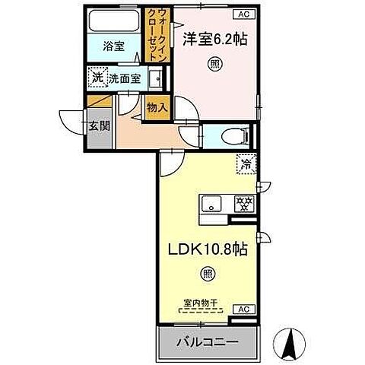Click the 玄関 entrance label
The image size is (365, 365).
tap(100, 125)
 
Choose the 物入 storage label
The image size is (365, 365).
tap(157, 108)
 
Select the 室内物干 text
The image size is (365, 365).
tap(201, 303)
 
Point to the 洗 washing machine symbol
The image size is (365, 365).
tap(97, 77)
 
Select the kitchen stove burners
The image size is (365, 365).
tap(243, 203)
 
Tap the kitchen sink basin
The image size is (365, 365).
tap(211, 203)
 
